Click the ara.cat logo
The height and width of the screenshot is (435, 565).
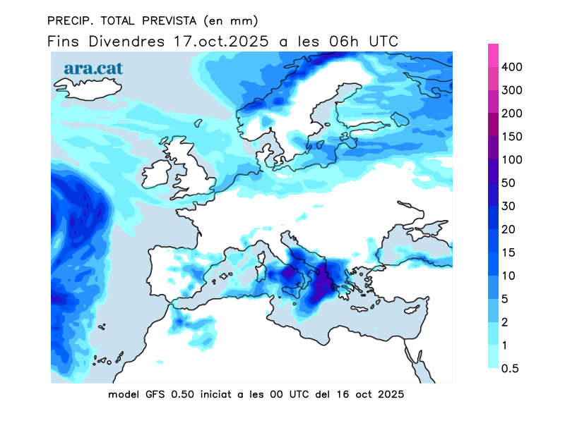(x=93, y=68)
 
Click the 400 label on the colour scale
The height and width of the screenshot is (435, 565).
(x=512, y=67)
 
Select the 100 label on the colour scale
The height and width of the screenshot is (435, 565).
(x=512, y=160)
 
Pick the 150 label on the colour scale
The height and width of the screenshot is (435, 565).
(x=512, y=137)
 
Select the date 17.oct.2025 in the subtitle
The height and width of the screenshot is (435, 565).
(x=221, y=42)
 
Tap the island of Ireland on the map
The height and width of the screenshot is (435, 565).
(x=156, y=176)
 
